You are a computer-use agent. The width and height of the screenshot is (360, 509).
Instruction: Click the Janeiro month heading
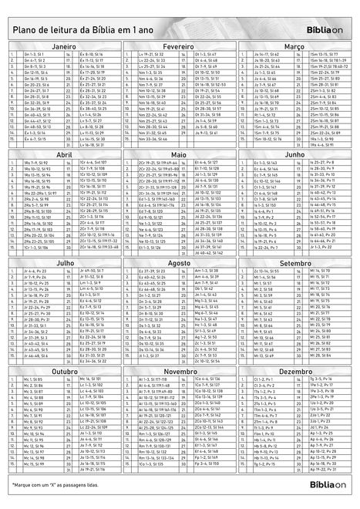pyautogui.click(x=64, y=47)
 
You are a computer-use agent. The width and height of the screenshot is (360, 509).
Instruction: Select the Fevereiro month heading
pyautogui.click(x=180, y=47)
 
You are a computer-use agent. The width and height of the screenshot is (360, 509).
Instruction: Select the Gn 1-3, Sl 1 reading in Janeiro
pyautogui.click(x=34, y=56)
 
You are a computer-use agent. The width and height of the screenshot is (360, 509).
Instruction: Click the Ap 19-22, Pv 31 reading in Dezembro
pyautogui.click(x=325, y=469)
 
